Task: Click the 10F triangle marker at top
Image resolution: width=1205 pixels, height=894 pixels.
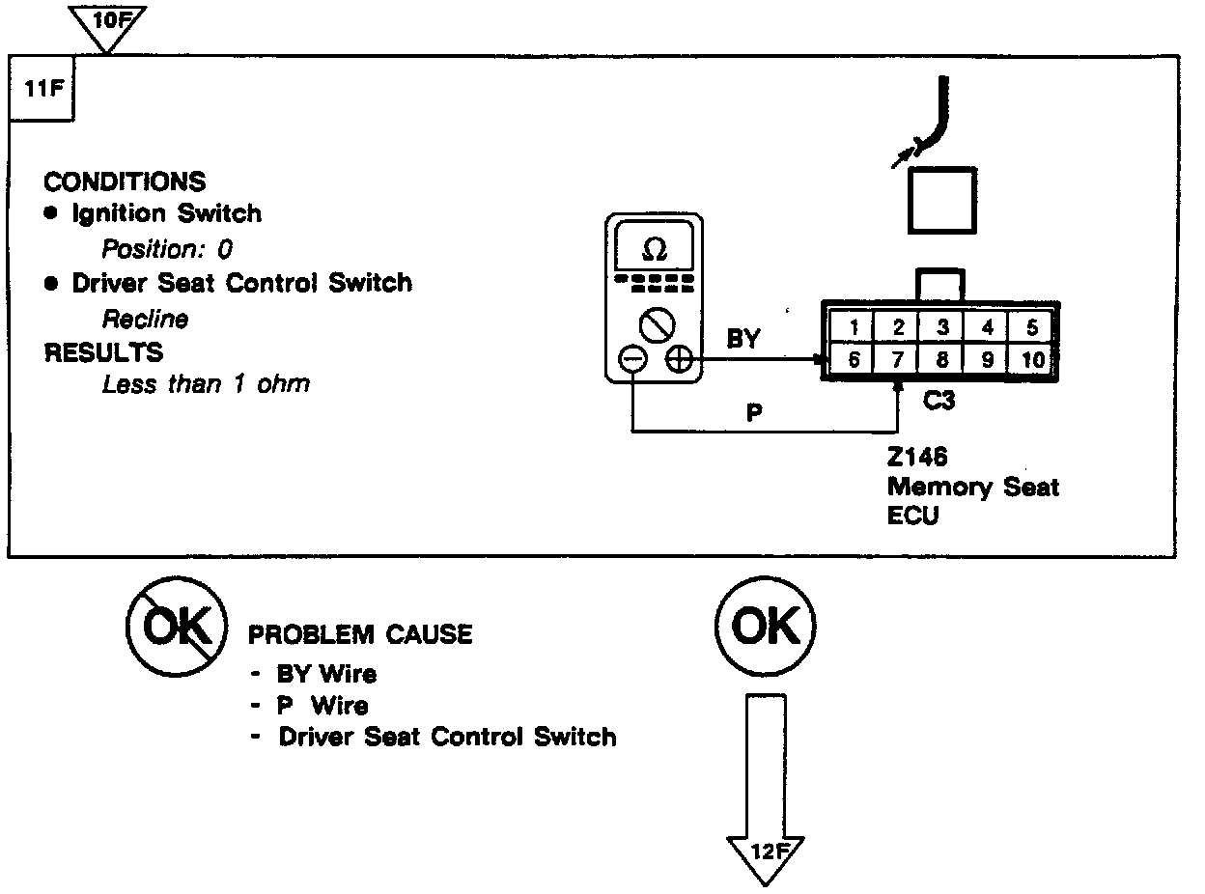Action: (x=107, y=21)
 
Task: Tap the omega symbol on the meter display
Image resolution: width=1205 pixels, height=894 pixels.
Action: (x=654, y=250)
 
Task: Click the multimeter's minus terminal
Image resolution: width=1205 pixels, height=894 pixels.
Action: (x=632, y=360)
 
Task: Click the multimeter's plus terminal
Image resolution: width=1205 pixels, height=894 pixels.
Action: (x=679, y=360)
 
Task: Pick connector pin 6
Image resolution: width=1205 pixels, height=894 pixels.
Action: (x=853, y=359)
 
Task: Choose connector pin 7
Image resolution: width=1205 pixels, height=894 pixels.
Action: (x=897, y=359)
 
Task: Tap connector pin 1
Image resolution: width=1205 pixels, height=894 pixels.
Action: (x=854, y=327)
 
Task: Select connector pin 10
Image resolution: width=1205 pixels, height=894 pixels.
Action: (x=1032, y=359)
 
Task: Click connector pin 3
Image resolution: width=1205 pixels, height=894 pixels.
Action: (x=942, y=327)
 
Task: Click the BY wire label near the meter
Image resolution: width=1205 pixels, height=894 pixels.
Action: (x=743, y=339)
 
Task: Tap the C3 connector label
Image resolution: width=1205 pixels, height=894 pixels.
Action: (x=939, y=400)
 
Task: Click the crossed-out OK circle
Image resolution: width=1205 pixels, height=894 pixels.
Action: (x=176, y=628)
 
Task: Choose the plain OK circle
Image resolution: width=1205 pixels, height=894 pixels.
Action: (x=766, y=628)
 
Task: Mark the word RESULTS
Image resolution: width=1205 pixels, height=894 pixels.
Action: (x=103, y=352)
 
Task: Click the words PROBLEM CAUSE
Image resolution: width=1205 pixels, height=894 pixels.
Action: (x=361, y=634)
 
